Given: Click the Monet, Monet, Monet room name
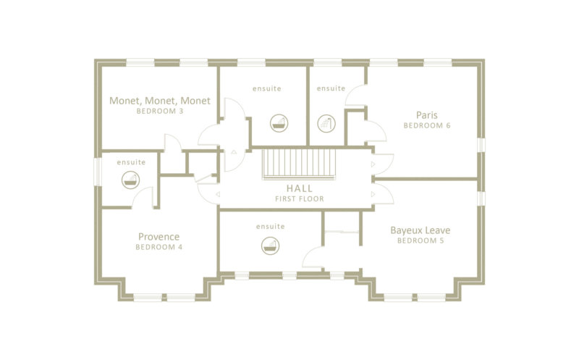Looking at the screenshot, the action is click(159, 101).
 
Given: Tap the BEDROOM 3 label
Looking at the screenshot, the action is click(159, 111).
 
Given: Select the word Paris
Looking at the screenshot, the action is click(426, 115).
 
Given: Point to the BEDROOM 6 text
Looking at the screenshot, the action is click(427, 125).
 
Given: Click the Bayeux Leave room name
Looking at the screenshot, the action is click(420, 230).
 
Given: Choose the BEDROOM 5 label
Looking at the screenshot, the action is click(420, 240).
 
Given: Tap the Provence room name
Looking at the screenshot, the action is click(159, 237).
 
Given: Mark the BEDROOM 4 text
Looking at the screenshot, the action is click(159, 247).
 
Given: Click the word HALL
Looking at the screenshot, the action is click(300, 188).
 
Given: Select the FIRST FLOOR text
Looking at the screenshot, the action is click(300, 199).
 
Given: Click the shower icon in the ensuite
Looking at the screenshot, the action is click(326, 123).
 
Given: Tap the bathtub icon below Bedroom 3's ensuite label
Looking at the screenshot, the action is click(279, 123).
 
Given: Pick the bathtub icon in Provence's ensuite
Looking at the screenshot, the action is click(131, 180).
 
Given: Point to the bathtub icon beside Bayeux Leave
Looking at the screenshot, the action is click(270, 246).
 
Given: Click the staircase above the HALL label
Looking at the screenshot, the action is click(299, 164).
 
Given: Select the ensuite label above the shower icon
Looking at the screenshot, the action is click(331, 88).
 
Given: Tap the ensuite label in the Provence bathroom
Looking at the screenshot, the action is click(131, 162).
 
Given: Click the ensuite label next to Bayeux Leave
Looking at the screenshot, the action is click(270, 227).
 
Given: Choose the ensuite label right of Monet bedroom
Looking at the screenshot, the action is click(266, 88).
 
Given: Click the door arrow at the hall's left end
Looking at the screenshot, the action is click(219, 194).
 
